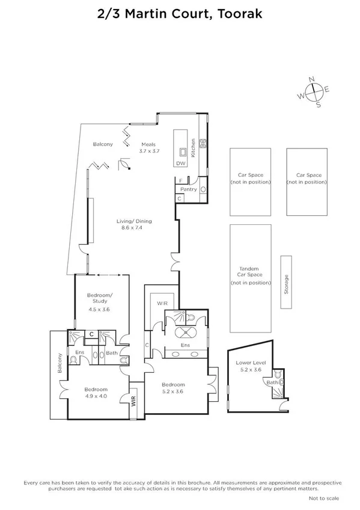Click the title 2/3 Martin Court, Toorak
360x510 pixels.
pyautogui.click(x=180, y=13)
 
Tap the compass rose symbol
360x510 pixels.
pyautogui.click(x=314, y=91)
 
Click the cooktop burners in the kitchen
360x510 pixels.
pyautogui.click(x=203, y=144)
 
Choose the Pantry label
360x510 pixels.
pyautogui.click(x=189, y=189)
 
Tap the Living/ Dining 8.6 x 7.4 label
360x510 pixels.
pyautogui.click(x=129, y=225)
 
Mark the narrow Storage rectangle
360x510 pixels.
pyautogui.click(x=286, y=283)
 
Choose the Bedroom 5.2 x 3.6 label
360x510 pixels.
pyautogui.click(x=173, y=388)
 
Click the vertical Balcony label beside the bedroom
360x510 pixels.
pyautogui.click(x=59, y=363)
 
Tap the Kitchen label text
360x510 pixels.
pyautogui.click(x=194, y=148)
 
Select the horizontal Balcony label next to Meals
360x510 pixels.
pyautogui.click(x=103, y=144)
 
